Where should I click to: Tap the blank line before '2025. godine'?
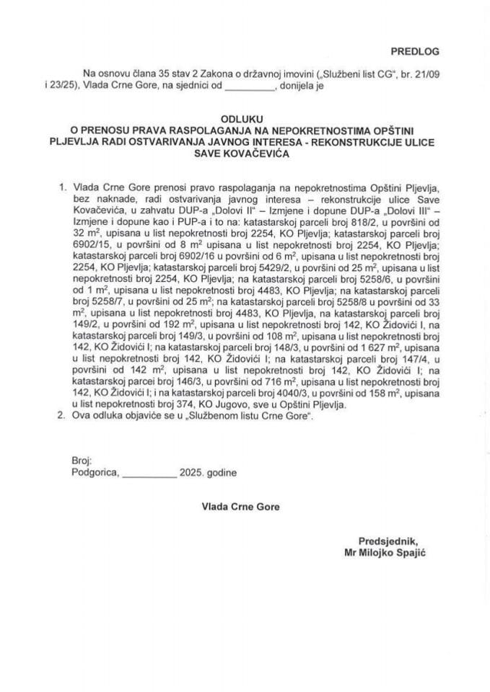150,473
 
